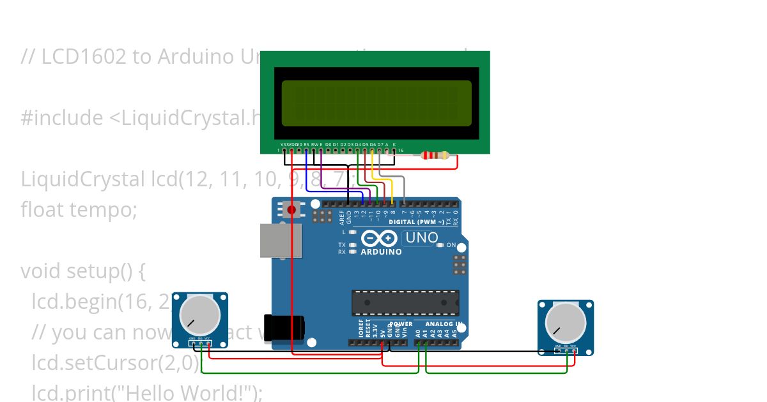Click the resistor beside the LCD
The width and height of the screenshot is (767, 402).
(x=436, y=155)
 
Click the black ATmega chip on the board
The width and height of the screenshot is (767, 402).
(x=405, y=302)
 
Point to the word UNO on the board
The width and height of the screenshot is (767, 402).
(x=422, y=239)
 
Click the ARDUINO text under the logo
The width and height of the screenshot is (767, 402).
(x=382, y=251)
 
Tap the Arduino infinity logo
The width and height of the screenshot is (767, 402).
(x=380, y=239)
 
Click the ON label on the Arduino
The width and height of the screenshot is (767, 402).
(x=451, y=245)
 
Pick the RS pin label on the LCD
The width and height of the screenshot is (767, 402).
(x=307, y=145)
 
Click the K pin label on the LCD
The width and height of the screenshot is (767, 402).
(x=394, y=145)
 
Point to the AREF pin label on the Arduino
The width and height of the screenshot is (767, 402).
(x=342, y=218)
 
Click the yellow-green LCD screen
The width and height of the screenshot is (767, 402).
(x=376, y=103)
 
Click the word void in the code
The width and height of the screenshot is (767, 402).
(x=40, y=271)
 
